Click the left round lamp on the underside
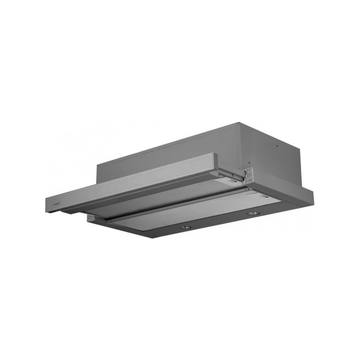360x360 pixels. tap(184, 228)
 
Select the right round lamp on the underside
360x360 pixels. tap(253, 213)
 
